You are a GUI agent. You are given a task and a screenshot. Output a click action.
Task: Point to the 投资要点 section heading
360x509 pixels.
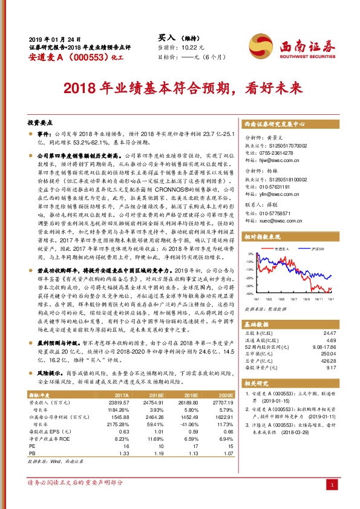(x=41, y=122)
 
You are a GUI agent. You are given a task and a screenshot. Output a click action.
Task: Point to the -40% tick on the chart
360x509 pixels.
(x=249, y=294)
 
